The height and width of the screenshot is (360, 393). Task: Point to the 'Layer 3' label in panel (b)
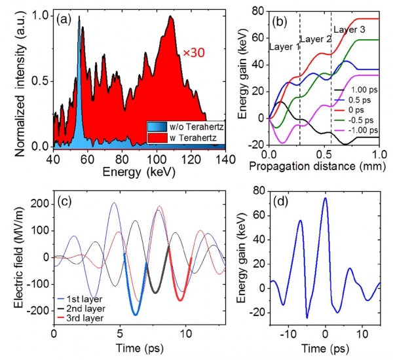pos(352,29)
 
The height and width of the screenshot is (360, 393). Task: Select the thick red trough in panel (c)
pos(179,299)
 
